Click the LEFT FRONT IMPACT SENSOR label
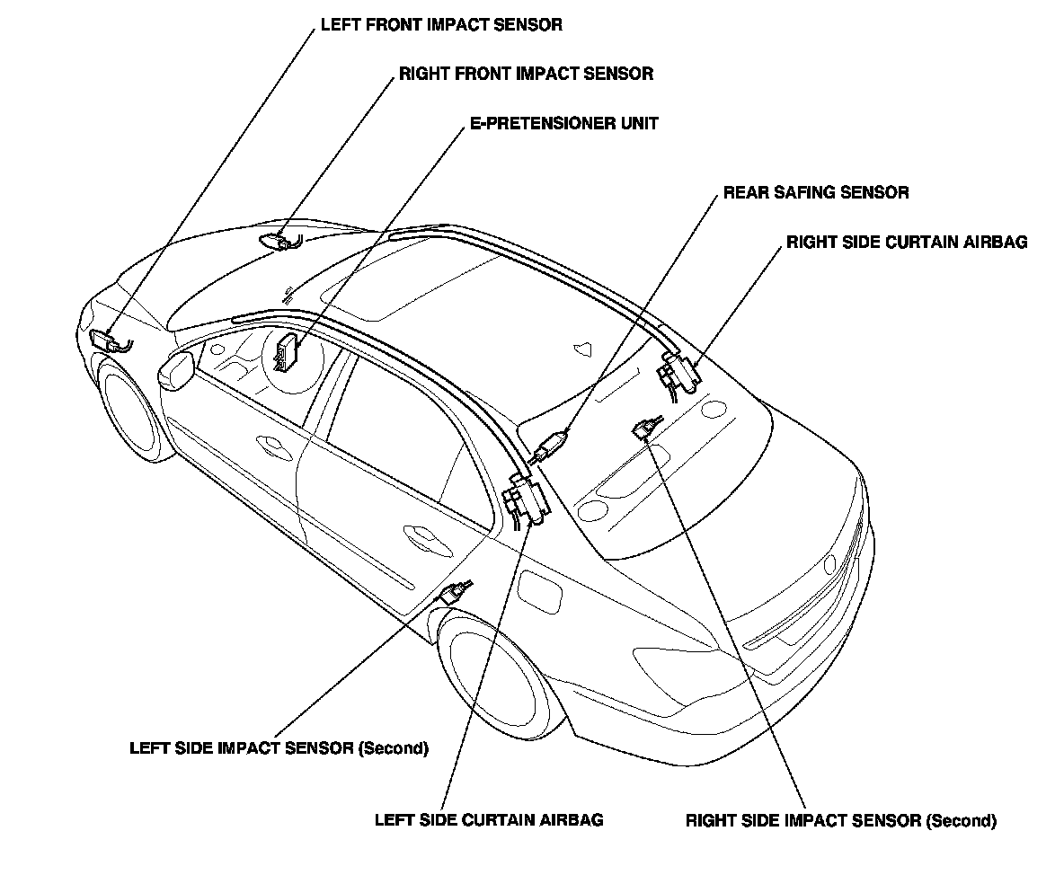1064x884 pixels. tap(441, 25)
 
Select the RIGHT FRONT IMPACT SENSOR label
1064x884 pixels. tap(526, 74)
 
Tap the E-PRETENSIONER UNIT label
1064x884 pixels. tap(563, 123)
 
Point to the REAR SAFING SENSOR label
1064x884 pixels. tap(816, 192)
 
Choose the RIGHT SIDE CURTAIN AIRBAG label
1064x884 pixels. tap(906, 243)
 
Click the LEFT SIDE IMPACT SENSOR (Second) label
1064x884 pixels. tap(279, 747)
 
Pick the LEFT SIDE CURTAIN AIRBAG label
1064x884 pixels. tap(489, 819)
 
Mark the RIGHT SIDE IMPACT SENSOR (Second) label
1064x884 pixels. tap(840, 820)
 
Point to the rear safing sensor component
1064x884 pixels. tap(550, 445)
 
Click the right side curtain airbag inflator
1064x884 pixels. tap(678, 370)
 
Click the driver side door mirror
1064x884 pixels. tap(176, 370)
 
